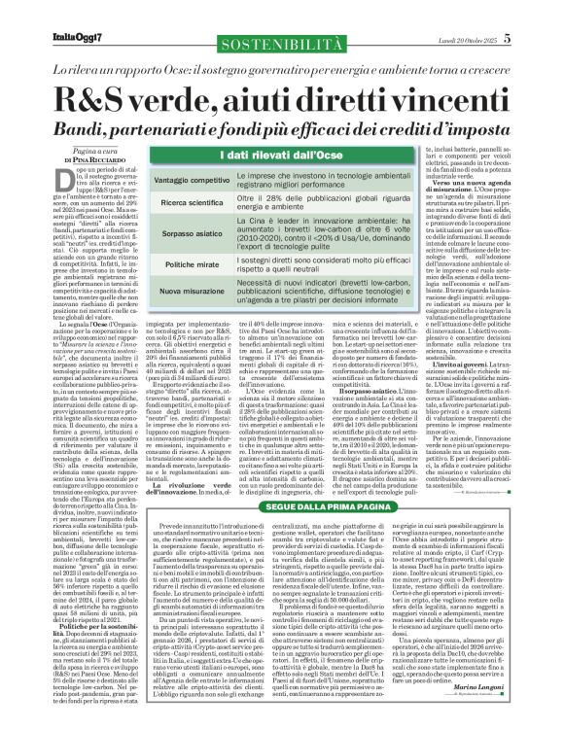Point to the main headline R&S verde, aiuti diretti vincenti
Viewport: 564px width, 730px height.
(282, 102)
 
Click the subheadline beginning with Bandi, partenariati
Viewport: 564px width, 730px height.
(282, 130)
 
